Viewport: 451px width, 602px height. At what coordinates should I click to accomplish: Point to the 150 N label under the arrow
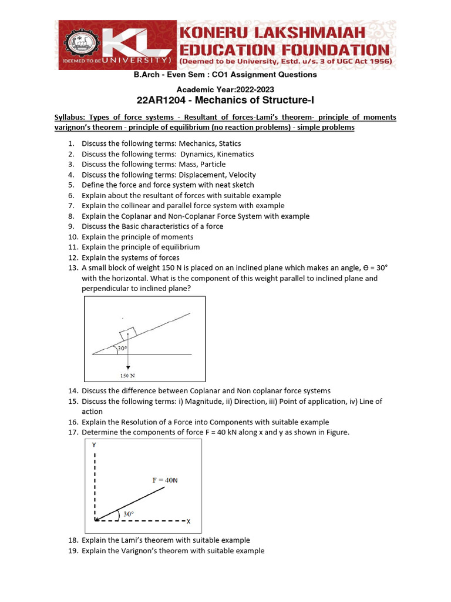coord(127,374)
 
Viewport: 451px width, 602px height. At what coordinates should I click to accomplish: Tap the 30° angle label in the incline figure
coord(122,349)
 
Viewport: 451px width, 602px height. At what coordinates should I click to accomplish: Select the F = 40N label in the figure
coord(165,480)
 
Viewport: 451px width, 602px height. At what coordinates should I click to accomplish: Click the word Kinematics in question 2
coord(234,154)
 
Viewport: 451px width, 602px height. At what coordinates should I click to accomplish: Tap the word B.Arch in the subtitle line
coord(146,75)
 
